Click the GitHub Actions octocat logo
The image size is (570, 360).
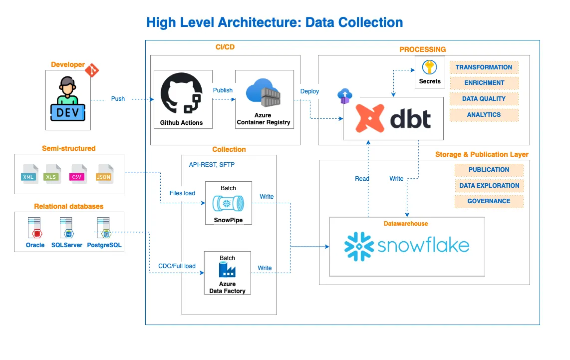coord(181,93)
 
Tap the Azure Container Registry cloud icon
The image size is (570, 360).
coord(263,92)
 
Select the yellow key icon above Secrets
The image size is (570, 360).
coord(429,67)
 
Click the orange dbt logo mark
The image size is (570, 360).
coord(370,118)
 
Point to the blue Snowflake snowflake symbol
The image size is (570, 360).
coord(359,247)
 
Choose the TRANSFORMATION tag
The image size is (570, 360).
coord(484,67)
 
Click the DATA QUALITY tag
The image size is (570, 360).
coord(484,99)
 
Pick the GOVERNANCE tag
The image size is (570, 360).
coord(489,201)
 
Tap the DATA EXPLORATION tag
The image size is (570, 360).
coord(489,185)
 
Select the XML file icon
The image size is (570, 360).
coord(29,174)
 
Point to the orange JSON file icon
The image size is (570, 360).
coord(105,174)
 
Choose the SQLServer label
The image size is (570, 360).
coord(67,245)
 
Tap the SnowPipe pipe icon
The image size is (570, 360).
coord(228,204)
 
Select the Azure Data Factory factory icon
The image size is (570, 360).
coord(227,270)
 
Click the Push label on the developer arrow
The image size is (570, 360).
coord(118,99)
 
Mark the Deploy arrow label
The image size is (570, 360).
coord(310,91)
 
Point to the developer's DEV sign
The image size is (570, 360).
coord(68,112)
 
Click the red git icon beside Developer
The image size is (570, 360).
coord(92,70)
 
